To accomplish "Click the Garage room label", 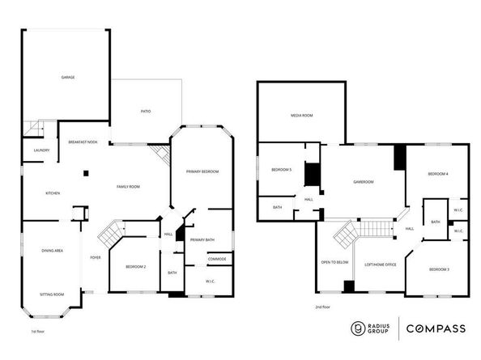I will (67, 78).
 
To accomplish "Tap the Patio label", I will (146, 111).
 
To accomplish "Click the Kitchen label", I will (53, 193).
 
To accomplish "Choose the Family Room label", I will (128, 187).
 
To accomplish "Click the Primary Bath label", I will (202, 239).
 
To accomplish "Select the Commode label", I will (216, 259).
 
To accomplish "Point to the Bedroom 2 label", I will (135, 267).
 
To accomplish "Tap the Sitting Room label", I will (53, 294).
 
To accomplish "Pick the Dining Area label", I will (53, 252).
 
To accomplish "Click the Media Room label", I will (301, 116).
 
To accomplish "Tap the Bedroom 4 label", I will (437, 175).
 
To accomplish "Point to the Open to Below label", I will (334, 263).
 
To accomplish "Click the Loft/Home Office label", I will (379, 265).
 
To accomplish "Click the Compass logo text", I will (435, 328).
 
